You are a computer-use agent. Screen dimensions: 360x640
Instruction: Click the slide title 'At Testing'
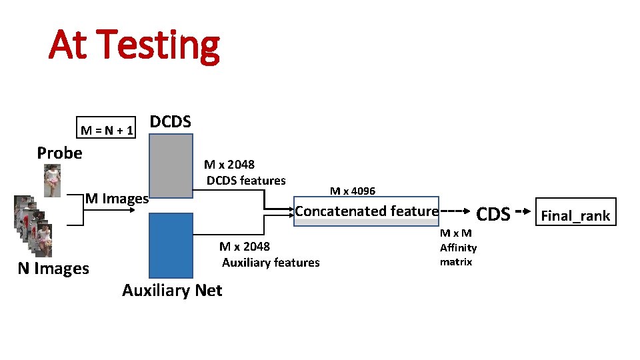pyautogui.click(x=133, y=45)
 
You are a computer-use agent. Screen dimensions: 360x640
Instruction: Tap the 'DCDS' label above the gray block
pyautogui.click(x=171, y=122)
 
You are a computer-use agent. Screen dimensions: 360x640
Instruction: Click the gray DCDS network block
pyautogui.click(x=171, y=165)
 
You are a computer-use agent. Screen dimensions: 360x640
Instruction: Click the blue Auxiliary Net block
pyautogui.click(x=171, y=245)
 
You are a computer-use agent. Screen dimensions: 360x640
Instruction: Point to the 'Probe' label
pyautogui.click(x=60, y=153)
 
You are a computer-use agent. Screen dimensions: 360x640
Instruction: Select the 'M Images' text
pyautogui.click(x=117, y=198)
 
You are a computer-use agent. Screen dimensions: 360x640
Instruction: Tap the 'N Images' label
pyautogui.click(x=53, y=269)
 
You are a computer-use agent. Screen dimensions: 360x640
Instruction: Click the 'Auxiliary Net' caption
pyautogui.click(x=172, y=290)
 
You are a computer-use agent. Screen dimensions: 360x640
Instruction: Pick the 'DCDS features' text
pyautogui.click(x=246, y=181)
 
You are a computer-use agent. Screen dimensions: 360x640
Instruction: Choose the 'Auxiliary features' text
pyautogui.click(x=271, y=263)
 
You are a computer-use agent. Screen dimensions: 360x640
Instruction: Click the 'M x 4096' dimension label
pyautogui.click(x=353, y=191)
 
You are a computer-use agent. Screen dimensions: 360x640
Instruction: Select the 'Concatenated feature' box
pyautogui.click(x=367, y=211)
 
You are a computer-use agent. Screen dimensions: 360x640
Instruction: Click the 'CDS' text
pyautogui.click(x=493, y=214)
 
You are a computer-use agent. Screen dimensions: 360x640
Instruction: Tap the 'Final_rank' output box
pyautogui.click(x=575, y=215)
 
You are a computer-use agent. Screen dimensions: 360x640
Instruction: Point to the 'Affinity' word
pyautogui.click(x=458, y=248)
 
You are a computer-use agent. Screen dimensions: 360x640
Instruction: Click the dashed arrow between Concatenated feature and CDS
pyautogui.click(x=453, y=211)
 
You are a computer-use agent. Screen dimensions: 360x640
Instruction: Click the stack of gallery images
pyautogui.click(x=30, y=227)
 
